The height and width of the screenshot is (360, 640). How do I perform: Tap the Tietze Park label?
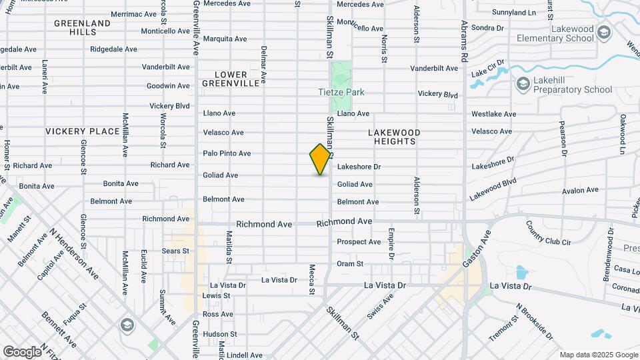341,92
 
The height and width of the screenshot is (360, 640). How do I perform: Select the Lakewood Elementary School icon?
603,32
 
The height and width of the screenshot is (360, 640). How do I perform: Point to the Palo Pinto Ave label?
227,153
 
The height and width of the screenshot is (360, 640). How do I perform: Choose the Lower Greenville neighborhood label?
231,79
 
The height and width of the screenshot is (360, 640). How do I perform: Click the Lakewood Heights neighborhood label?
393,137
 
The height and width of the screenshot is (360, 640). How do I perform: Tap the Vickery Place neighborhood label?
82,131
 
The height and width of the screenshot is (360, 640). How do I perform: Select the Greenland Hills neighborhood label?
82,27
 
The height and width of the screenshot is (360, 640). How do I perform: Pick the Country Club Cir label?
549,233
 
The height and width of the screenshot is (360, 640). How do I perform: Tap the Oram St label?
350,264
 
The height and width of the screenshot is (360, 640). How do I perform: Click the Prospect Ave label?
359,242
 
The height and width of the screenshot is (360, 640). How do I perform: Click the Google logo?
22,351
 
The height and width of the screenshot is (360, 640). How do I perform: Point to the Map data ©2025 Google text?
598,355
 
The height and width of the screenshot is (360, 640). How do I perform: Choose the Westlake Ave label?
493,114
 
